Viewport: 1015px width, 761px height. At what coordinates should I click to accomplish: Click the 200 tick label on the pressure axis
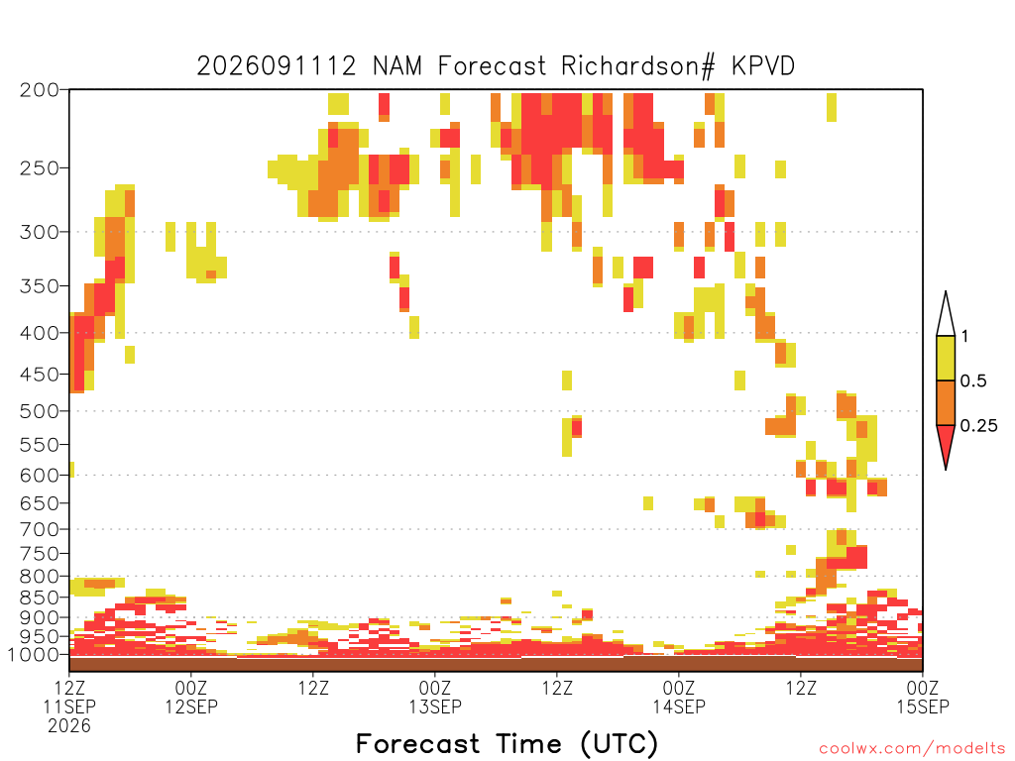click(40, 90)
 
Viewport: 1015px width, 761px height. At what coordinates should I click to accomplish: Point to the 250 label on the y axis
click(40, 168)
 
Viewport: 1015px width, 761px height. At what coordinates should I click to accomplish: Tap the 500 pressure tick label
click(40, 411)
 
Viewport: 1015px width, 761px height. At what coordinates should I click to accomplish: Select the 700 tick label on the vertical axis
click(40, 529)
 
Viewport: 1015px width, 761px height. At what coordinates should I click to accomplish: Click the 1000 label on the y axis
click(34, 655)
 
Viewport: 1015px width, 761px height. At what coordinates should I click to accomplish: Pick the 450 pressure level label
click(40, 374)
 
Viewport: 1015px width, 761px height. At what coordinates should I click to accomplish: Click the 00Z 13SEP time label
click(435, 697)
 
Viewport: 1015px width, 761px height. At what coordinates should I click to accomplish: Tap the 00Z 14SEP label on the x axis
click(679, 697)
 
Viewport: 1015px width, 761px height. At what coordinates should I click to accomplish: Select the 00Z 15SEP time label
click(923, 697)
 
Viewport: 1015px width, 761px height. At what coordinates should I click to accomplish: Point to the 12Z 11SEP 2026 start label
click(69, 707)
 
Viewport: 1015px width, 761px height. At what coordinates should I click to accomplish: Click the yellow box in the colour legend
click(946, 358)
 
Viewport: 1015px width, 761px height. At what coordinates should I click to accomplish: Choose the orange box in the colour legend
click(946, 402)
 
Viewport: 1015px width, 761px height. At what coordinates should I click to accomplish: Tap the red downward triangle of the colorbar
click(946, 445)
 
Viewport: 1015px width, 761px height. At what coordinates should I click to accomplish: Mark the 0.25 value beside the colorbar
click(978, 426)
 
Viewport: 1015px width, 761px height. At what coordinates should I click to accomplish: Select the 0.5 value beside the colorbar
click(973, 381)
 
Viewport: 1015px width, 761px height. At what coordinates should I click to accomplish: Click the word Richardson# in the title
click(638, 66)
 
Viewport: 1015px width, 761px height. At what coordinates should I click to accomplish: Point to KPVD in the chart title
click(763, 66)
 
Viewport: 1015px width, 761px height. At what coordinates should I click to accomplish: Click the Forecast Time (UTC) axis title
click(507, 744)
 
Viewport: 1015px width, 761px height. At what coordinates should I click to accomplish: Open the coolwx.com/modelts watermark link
click(913, 749)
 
